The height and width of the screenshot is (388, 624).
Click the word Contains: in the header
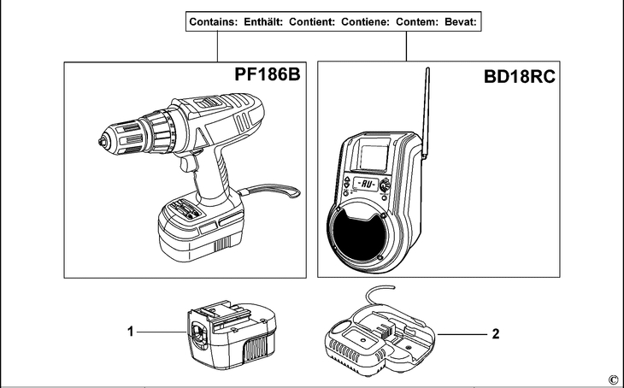click(213, 22)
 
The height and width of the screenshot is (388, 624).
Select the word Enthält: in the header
click(263, 22)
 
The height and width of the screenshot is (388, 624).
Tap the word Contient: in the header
click(312, 22)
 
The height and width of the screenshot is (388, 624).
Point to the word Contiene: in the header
click(365, 22)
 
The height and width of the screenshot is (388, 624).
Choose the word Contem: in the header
click(417, 22)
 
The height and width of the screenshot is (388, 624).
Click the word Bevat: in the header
click(461, 22)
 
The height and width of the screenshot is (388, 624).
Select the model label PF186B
click(267, 74)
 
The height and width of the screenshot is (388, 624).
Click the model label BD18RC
click(520, 76)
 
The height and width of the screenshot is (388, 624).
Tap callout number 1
click(131, 331)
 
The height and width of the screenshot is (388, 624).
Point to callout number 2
click(496, 333)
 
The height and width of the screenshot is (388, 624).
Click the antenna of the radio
click(426, 114)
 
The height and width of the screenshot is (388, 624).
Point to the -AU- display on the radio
click(366, 185)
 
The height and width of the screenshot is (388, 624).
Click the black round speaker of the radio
click(359, 235)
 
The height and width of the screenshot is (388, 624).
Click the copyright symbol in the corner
click(613, 379)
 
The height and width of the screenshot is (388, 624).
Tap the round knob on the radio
click(385, 185)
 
